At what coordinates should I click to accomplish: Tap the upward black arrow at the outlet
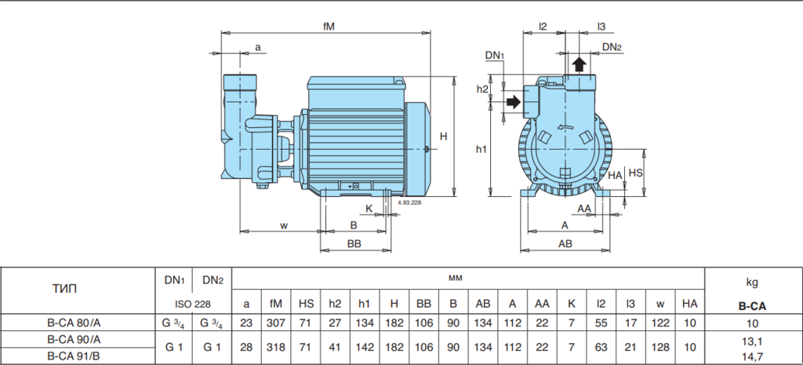pyautogui.click(x=580, y=64)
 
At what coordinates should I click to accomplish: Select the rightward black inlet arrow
pyautogui.click(x=513, y=102)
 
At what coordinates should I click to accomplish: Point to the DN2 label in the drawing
pyautogui.click(x=612, y=47)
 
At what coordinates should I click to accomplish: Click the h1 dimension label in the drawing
pyautogui.click(x=481, y=149)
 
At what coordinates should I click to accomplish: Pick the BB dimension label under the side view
pyautogui.click(x=354, y=244)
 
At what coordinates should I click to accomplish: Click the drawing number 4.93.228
pyautogui.click(x=409, y=203)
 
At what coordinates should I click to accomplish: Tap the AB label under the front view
pyautogui.click(x=565, y=244)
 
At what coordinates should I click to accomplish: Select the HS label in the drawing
pyautogui.click(x=635, y=173)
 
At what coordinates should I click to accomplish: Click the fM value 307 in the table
pyautogui.click(x=276, y=323)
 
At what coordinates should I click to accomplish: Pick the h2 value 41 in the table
pyautogui.click(x=335, y=348)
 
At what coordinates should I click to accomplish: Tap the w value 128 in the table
pyautogui.click(x=660, y=348)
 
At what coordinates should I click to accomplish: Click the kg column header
pyautogui.click(x=753, y=282)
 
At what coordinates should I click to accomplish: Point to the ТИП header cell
pyautogui.click(x=65, y=289)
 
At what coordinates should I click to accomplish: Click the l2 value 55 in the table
pyautogui.click(x=601, y=323)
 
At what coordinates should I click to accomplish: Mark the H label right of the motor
pyautogui.click(x=444, y=137)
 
